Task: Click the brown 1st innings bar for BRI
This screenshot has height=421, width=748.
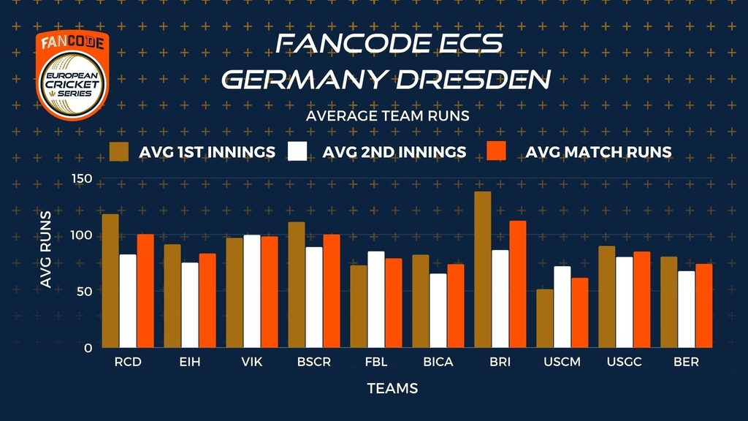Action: pos(482,270)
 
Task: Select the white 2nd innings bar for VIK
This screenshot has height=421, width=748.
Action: pos(252,292)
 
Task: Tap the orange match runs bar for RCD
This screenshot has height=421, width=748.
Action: pos(145,291)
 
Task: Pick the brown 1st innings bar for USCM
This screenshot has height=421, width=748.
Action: pos(544,319)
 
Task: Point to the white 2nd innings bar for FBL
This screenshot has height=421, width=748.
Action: pos(376,300)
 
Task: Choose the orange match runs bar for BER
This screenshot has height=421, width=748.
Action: pos(703,306)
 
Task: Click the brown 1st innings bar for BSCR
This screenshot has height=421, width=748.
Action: pos(296,285)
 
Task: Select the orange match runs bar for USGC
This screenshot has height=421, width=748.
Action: pos(641,300)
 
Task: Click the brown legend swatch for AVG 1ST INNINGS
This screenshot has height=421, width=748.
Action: pos(119,152)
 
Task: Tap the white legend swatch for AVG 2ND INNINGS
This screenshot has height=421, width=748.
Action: pos(298,152)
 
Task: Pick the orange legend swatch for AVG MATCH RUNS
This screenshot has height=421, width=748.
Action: pos(495,152)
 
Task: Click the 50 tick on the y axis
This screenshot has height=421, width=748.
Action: pos(85,292)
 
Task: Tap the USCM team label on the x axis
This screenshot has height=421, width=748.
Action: pos(562,362)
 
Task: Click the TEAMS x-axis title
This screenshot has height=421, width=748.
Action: pos(393,388)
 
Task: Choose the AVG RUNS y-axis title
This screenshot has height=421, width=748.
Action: pos(45,249)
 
